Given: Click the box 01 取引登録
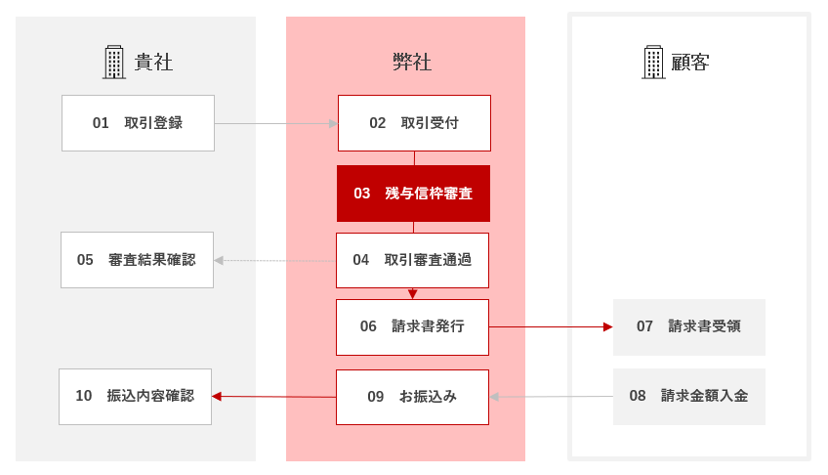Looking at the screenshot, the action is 138,123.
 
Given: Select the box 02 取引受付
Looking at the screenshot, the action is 414,123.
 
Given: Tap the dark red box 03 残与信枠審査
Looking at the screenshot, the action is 413,194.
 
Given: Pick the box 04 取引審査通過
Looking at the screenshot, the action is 412,261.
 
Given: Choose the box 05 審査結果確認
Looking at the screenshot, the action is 138,260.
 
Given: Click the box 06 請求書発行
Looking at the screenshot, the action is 412,327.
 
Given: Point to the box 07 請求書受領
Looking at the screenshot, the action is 689,327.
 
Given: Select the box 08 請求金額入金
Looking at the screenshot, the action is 689,397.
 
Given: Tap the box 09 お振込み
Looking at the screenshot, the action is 412,398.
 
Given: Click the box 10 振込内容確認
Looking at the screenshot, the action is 135,397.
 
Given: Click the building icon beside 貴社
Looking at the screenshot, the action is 114,63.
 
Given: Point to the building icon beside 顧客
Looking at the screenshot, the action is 653,63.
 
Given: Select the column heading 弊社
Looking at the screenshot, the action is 412,63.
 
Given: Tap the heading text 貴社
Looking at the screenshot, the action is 153,63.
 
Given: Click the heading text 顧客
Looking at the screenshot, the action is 690,63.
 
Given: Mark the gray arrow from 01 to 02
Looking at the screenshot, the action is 276,124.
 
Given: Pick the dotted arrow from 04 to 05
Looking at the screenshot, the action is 275,261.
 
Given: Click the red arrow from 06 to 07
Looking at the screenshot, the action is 551,327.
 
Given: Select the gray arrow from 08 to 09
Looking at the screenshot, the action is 552,397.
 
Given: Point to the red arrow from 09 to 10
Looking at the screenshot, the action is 274,396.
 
